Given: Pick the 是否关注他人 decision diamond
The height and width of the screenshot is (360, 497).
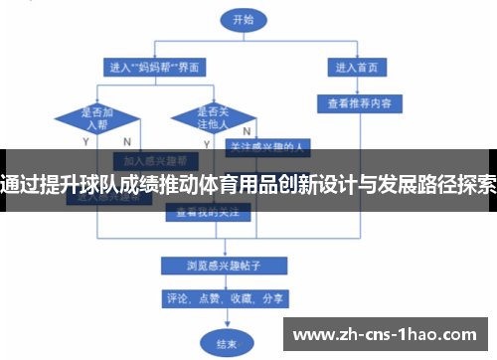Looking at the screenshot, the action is point(211,118).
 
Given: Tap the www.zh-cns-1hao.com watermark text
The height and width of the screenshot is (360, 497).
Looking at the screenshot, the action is point(388,332).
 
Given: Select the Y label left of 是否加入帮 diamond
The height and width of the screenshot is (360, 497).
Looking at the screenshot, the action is point(58,142).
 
